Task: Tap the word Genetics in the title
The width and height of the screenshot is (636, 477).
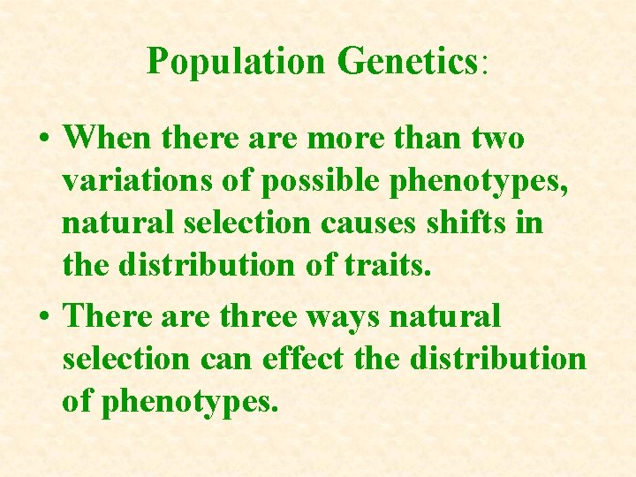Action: pos(407,61)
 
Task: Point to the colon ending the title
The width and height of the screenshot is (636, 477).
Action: pos(483,64)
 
